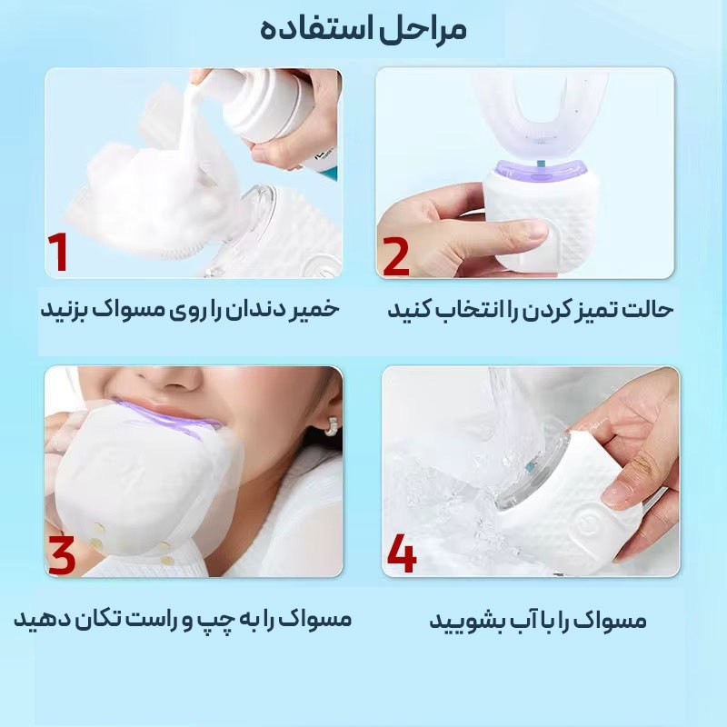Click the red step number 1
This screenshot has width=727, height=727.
[58, 252]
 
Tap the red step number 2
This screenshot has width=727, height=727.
[396, 256]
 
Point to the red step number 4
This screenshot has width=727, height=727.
[402, 553]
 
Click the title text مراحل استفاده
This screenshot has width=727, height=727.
[363, 30]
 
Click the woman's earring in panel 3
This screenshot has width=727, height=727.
[331, 426]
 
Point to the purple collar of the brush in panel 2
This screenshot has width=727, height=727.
[542, 171]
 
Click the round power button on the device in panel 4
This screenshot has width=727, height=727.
[589, 523]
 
